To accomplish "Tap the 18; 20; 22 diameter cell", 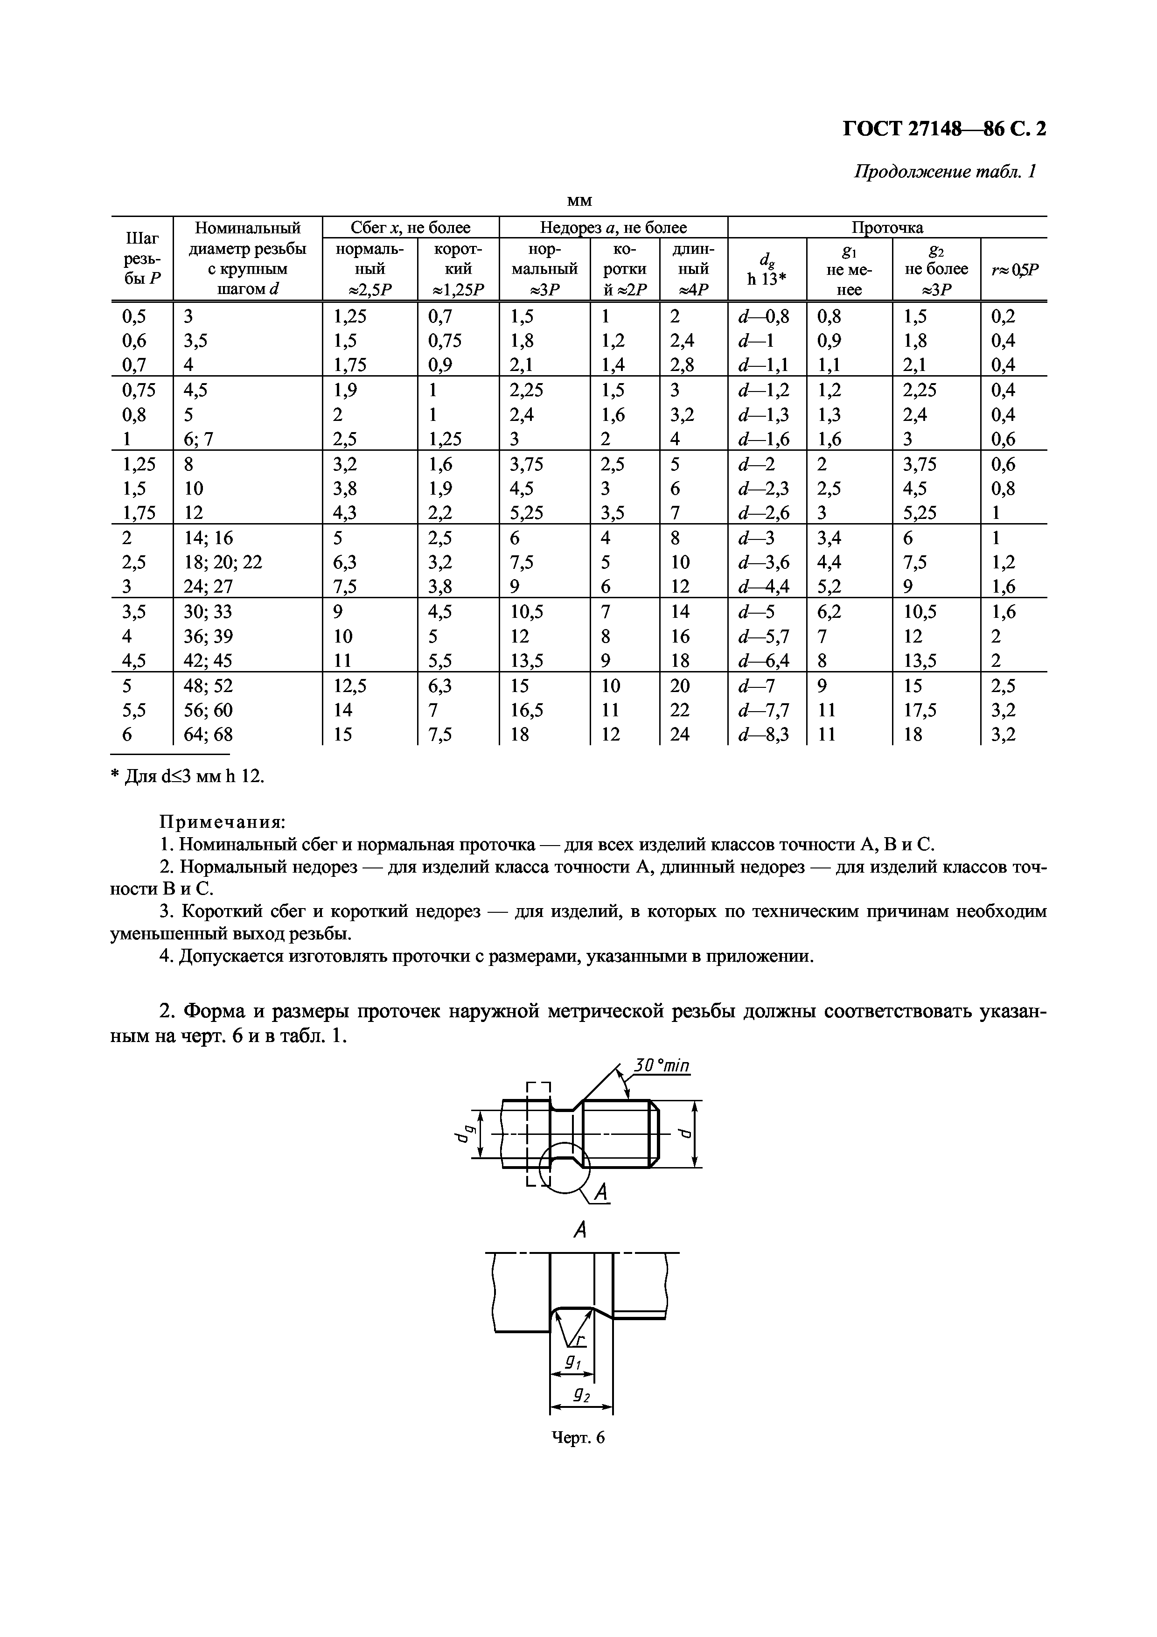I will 223,562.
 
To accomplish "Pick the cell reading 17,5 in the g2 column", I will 920,710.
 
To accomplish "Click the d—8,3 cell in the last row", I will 764,735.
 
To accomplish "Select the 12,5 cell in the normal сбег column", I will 350,686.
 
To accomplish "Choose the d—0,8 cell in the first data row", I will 764,316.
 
